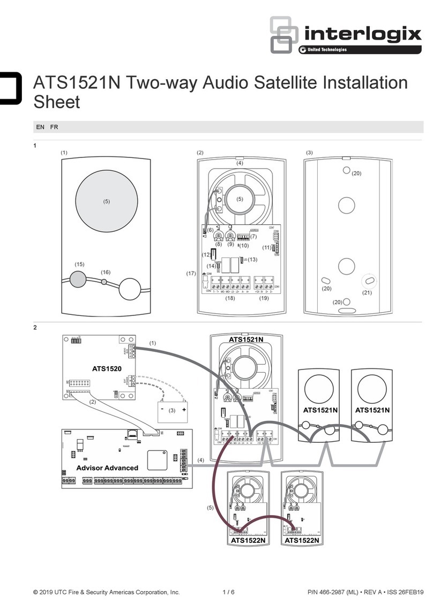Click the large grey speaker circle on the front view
[x=106, y=201]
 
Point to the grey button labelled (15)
[x=79, y=279]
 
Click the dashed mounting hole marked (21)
[x=368, y=281]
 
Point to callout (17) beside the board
[x=191, y=274]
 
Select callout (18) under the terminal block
[x=230, y=298]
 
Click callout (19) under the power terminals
[x=264, y=298]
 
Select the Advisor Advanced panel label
[x=107, y=467]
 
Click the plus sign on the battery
[x=183, y=409]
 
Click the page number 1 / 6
[x=229, y=592]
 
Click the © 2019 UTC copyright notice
[x=106, y=592]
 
